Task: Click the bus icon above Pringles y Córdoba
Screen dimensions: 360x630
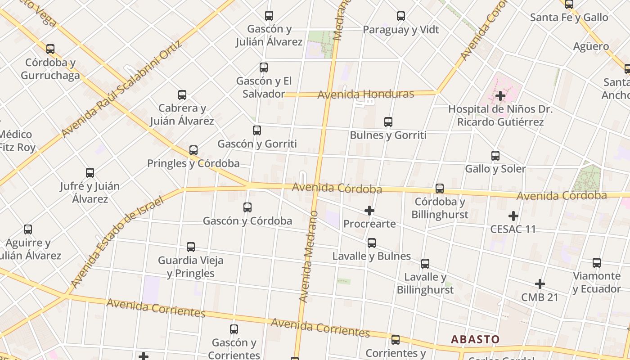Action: point(193,150)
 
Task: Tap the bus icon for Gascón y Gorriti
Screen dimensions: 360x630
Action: point(257,130)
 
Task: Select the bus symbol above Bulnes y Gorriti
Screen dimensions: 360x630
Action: point(388,121)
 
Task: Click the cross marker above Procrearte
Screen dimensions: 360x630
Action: point(369,211)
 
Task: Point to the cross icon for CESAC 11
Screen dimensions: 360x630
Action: point(513,216)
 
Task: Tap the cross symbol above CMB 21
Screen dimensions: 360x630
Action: point(540,284)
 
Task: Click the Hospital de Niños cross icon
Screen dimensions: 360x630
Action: point(500,96)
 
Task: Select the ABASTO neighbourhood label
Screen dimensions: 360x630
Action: point(475,339)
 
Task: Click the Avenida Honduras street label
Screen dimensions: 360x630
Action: point(365,94)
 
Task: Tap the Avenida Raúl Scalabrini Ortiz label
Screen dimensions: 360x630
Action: point(121,89)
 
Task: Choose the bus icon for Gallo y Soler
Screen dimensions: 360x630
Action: point(495,156)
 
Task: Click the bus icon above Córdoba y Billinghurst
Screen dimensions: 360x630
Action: point(440,189)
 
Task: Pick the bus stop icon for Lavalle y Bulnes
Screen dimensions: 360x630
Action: point(372,243)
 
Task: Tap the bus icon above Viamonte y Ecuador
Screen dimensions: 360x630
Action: point(597,263)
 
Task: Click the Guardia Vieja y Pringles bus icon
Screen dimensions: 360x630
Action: point(191,247)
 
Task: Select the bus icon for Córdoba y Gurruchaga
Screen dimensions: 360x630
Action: point(50,49)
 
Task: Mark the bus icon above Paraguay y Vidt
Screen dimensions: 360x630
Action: point(401,16)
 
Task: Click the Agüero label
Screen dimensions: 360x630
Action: point(591,46)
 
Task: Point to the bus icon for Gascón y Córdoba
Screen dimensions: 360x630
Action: point(247,207)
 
